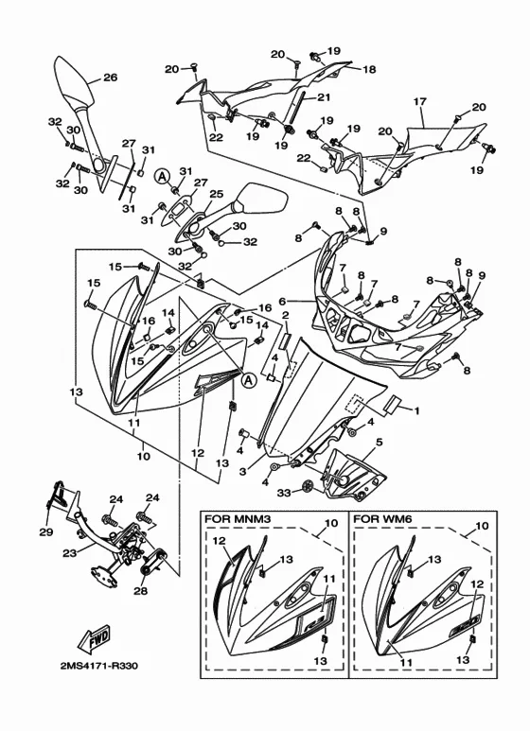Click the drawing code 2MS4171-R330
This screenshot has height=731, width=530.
click(99, 666)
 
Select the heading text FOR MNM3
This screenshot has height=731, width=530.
click(232, 518)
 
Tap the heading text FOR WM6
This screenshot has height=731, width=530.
click(376, 518)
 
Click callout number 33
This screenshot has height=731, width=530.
click(284, 492)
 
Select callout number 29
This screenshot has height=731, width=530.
click(45, 531)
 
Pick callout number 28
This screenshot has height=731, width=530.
click(140, 591)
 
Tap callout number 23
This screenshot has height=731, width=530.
click(70, 553)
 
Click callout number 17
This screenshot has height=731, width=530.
click(420, 101)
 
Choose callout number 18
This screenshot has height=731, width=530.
click(369, 69)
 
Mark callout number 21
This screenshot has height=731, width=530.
click(324, 97)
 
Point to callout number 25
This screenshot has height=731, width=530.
click(216, 194)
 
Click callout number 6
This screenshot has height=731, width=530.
click(282, 302)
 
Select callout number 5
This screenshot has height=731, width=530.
click(379, 442)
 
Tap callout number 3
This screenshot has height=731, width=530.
click(242, 472)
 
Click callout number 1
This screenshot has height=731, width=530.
click(416, 410)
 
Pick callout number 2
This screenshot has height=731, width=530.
click(286, 316)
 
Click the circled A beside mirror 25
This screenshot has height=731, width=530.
click(162, 176)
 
